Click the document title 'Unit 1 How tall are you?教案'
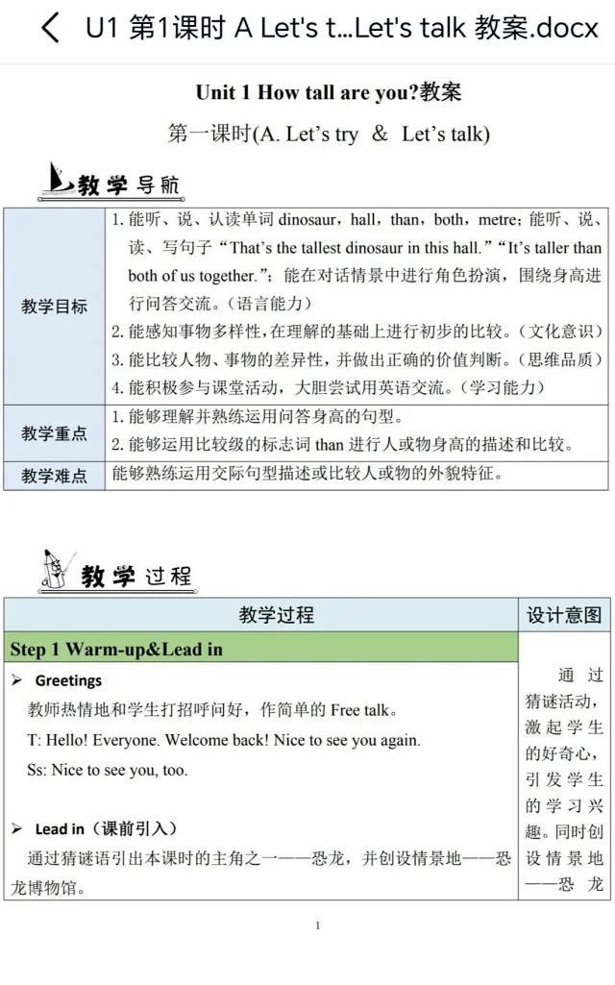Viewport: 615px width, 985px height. [x=328, y=92]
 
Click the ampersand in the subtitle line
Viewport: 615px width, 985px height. [x=380, y=134]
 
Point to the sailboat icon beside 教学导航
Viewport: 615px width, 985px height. [x=61, y=180]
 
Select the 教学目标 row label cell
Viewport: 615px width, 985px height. [x=54, y=307]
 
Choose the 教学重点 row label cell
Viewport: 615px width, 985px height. [x=54, y=433]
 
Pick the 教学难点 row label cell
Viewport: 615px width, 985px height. [x=54, y=476]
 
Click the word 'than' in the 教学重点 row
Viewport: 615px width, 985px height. [x=329, y=444]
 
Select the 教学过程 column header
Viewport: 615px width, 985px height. [x=277, y=615]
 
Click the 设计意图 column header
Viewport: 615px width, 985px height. [x=564, y=615]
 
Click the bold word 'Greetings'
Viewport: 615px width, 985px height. [x=68, y=680]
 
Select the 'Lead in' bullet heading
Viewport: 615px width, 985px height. [x=59, y=828]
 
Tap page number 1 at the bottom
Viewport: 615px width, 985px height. [x=318, y=925]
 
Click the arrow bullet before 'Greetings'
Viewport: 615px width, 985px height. [x=16, y=680]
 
